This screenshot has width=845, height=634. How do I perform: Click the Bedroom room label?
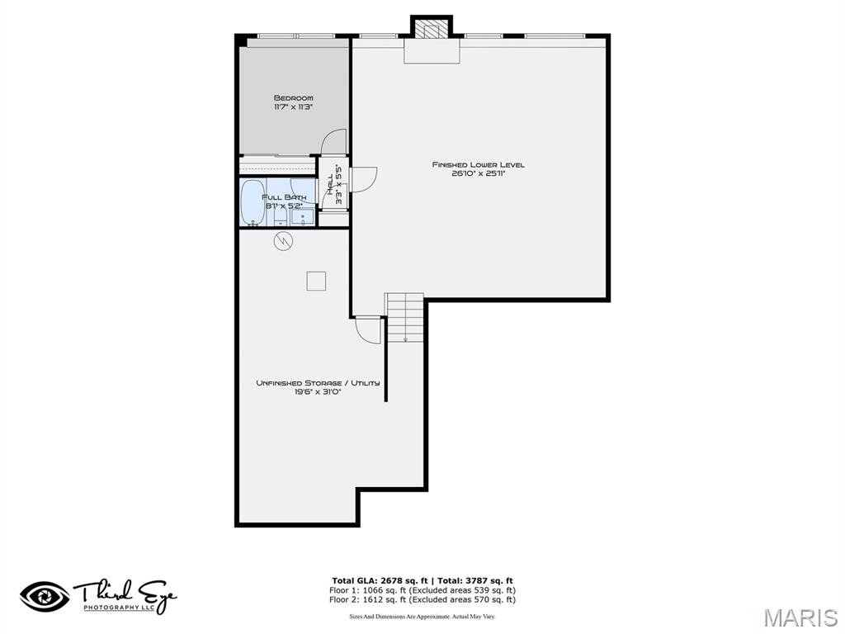point(293,98)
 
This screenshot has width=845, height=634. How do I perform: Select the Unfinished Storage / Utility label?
point(317,383)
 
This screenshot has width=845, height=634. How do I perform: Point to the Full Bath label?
point(284,197)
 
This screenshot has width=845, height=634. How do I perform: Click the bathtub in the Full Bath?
point(253,202)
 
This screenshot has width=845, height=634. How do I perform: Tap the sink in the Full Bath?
point(303,217)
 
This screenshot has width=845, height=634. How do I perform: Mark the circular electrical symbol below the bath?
point(283,241)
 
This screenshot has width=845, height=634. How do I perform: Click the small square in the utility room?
point(316,281)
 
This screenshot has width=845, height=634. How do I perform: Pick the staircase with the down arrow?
point(404,317)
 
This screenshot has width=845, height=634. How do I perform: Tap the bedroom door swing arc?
point(334,142)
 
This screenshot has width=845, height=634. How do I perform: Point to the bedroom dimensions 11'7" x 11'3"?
point(293,107)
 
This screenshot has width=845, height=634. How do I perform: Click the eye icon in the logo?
point(45,595)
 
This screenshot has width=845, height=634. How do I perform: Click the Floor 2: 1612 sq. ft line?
point(422,600)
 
